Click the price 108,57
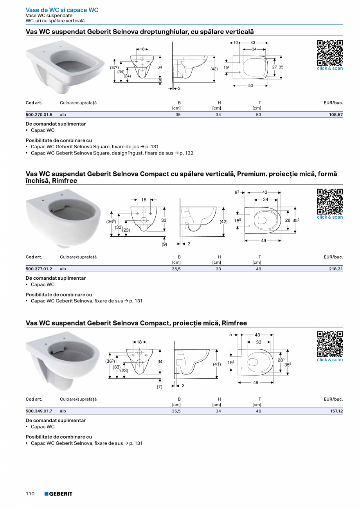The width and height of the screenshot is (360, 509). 335,115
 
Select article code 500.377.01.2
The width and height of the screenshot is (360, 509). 39,269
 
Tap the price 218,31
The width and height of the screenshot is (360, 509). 335,269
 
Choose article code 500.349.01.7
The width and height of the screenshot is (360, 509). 39,411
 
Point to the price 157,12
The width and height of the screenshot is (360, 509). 335,411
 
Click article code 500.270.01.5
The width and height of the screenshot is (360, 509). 39,115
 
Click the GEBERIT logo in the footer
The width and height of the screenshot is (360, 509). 58,494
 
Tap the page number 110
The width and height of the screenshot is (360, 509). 30,494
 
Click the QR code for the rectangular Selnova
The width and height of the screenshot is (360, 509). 330,52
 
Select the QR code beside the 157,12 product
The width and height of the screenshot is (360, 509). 330,344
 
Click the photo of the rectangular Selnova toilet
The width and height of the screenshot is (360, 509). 65,67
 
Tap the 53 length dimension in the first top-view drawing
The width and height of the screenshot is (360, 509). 250,85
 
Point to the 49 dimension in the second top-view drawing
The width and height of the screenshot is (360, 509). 263,241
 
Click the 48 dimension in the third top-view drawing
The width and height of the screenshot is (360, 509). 256,383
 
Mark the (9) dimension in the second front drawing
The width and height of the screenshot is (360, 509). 164,245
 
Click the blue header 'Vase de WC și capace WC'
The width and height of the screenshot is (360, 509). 62,10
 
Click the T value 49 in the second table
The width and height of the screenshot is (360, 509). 258,269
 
